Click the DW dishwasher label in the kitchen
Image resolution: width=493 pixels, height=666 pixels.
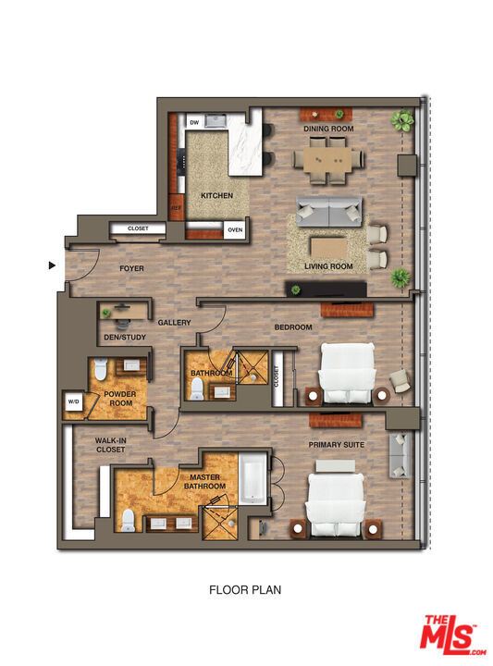point(194,122)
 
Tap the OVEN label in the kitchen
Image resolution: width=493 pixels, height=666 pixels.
point(235,229)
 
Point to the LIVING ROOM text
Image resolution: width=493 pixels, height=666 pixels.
point(329,267)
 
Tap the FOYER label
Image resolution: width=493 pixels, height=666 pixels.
point(131,269)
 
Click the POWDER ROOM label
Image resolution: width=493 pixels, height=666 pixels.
point(120,398)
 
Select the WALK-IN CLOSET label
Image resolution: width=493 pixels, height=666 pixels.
point(110,445)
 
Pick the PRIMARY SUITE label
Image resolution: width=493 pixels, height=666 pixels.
point(336,445)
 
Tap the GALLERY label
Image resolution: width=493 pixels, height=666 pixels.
point(174,323)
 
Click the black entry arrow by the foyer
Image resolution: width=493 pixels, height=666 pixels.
point(52,265)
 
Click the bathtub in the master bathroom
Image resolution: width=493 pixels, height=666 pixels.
point(252,480)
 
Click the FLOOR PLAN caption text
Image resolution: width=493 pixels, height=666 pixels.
point(245,589)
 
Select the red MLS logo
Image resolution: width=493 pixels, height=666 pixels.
point(452,635)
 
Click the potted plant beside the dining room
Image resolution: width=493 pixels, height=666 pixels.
point(401,119)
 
